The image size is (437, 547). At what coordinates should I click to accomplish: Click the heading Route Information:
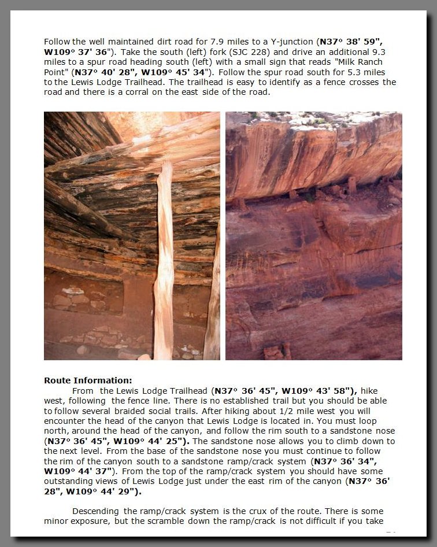(88, 380)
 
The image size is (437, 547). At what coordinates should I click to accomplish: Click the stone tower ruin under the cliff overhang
(351, 185)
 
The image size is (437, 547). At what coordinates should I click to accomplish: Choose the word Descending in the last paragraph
(96, 511)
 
